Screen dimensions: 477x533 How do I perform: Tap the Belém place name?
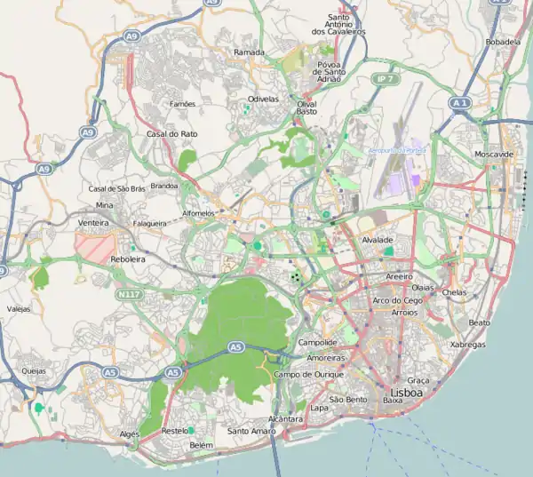tap(202, 444)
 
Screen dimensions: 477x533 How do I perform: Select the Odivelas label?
tap(264, 99)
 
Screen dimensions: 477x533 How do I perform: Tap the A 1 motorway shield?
tap(459, 103)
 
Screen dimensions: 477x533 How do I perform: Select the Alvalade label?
tap(378, 240)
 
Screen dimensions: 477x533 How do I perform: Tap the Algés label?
tap(130, 433)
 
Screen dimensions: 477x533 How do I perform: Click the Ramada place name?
tap(249, 52)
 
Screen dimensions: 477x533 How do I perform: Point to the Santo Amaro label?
tap(251, 431)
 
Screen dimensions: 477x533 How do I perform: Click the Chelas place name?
tap(453, 292)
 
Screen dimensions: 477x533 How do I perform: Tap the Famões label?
tap(182, 104)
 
